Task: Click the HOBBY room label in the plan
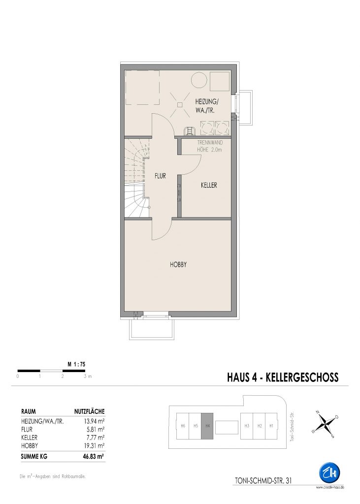coord(178,265)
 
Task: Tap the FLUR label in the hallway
coord(160,176)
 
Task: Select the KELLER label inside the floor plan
coord(209,185)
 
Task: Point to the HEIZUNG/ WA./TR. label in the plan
coord(206,106)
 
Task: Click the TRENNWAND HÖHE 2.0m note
coord(210,146)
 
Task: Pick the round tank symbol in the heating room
coord(199,80)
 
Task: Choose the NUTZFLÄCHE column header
coord(90,411)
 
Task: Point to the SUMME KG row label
coord(34,456)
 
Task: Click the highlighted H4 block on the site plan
coord(207,426)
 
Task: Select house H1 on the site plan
coord(271,426)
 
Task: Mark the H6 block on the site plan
coord(183,426)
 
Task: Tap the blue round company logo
coord(329,472)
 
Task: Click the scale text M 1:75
coord(76,365)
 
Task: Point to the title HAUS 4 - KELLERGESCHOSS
coord(283,377)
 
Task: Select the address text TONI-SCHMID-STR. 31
coord(263,480)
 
